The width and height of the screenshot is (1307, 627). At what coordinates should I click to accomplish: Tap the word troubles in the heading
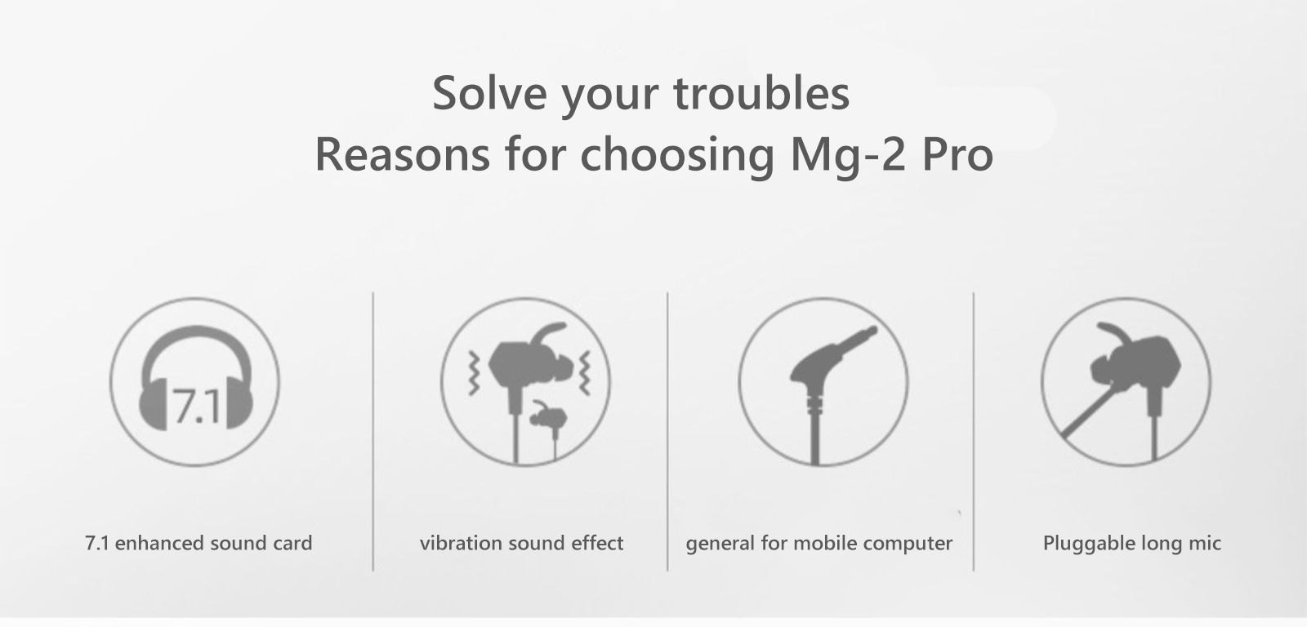click(761, 93)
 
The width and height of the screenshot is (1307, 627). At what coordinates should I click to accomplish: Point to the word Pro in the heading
click(957, 155)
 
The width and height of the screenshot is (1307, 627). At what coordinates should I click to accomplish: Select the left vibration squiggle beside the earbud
click(475, 373)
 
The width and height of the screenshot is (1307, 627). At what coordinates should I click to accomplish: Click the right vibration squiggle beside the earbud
click(584, 373)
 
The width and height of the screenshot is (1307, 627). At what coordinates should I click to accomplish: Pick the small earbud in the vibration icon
click(548, 429)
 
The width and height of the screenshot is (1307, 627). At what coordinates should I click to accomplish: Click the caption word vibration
click(461, 543)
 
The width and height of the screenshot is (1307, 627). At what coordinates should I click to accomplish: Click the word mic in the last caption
click(1206, 543)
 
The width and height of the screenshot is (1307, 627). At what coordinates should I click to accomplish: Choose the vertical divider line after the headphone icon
click(372, 432)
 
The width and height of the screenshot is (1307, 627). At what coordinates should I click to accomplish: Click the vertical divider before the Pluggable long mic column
click(973, 432)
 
